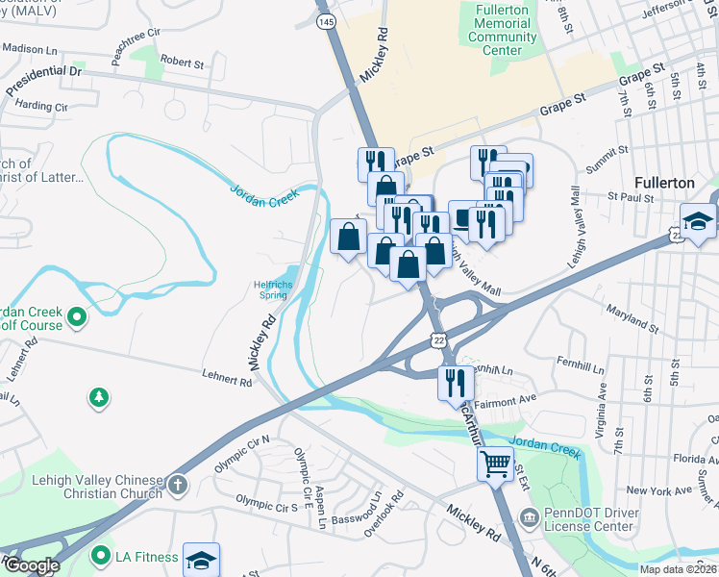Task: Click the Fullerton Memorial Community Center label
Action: pos(502,30)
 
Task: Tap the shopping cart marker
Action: pos(495,464)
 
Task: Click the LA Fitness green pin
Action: pos(99,556)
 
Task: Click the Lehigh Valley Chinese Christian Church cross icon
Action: pos(176,485)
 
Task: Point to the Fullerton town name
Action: pos(664,182)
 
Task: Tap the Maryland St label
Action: pos(632,318)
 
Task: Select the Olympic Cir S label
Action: pos(268,503)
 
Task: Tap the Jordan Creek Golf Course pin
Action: pos(76,314)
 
